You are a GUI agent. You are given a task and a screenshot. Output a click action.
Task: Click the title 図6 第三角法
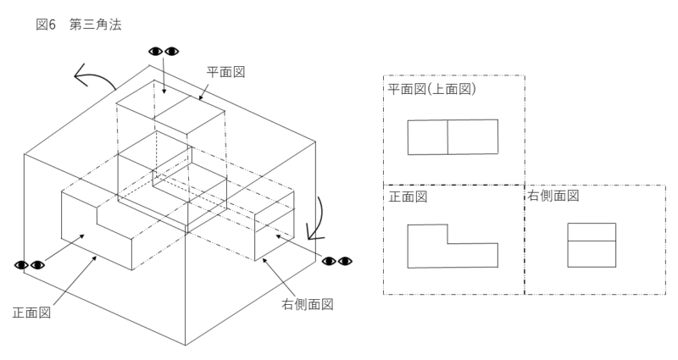click(x=79, y=25)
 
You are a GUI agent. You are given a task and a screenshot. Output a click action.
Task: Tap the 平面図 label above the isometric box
click(x=226, y=73)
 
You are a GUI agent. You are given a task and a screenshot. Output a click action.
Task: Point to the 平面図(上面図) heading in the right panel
click(x=432, y=89)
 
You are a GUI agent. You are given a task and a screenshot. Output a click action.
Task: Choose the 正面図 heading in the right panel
click(x=408, y=197)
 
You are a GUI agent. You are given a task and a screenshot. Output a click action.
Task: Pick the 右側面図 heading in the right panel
click(x=553, y=196)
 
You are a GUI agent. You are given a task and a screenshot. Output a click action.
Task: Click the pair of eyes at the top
click(x=164, y=51)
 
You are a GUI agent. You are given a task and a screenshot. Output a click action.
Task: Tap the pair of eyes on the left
click(x=31, y=266)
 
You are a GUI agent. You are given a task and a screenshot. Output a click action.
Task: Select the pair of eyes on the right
click(x=336, y=260)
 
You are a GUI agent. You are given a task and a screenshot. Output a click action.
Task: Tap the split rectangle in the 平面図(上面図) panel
click(x=453, y=137)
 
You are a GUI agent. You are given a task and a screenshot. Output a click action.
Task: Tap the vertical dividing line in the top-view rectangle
click(x=447, y=137)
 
